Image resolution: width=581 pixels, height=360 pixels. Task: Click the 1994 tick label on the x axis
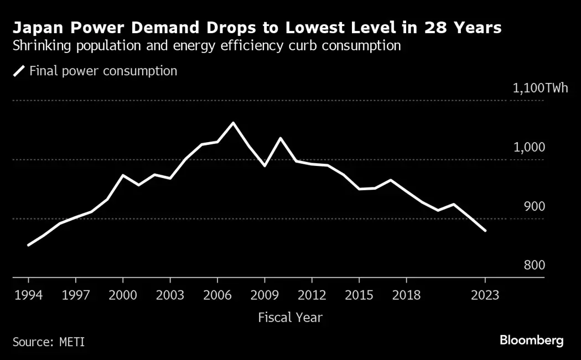(28, 295)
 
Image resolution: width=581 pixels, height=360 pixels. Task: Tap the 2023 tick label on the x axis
(485, 295)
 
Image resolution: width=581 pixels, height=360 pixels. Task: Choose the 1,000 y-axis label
(529, 147)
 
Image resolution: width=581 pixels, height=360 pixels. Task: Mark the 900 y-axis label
(533, 206)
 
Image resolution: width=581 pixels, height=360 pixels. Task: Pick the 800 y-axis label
(533, 265)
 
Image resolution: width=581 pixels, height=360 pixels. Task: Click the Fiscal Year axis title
(290, 317)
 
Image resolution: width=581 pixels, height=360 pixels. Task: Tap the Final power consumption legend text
(103, 71)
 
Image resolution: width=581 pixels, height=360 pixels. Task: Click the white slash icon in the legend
(19, 71)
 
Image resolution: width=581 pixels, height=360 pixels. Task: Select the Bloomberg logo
(531, 341)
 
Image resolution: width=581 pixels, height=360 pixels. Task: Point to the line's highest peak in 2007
(233, 123)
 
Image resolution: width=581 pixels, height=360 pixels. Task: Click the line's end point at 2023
(485, 231)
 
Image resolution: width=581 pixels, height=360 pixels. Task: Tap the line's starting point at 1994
(28, 244)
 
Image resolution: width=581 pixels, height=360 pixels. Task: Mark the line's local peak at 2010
(280, 138)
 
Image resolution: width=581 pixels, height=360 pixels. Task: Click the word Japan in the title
(36, 28)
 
